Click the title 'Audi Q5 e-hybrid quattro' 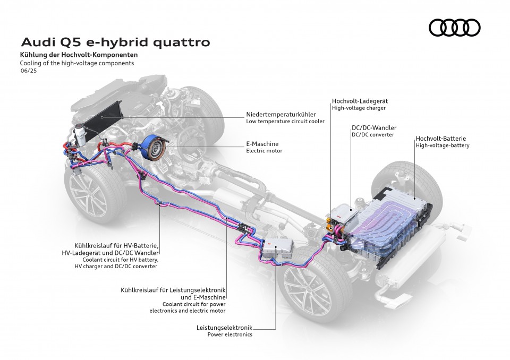[115, 41]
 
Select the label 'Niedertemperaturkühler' [281, 114]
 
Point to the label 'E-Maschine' [262, 144]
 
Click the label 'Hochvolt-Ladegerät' [359, 100]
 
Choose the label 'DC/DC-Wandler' [374, 128]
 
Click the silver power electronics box [279, 248]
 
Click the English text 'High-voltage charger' [359, 108]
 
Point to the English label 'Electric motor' [264, 151]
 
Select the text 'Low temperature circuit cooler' [285, 122]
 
